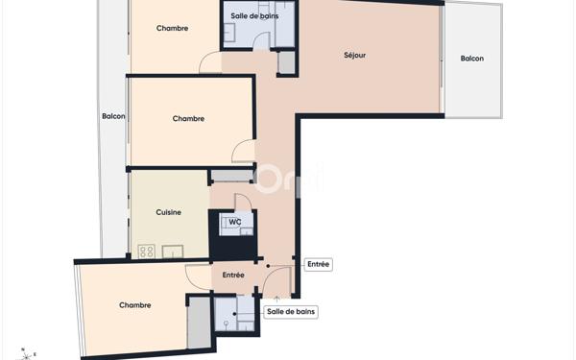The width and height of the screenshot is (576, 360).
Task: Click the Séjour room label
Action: (x=354, y=55)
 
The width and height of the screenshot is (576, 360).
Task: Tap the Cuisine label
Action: (x=168, y=212)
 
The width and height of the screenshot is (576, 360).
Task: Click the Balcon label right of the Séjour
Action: (x=471, y=59)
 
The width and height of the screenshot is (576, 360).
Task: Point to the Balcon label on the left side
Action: (x=113, y=116)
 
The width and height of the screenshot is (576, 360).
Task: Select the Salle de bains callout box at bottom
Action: (x=292, y=311)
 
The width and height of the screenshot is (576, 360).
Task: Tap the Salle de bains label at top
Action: (x=254, y=16)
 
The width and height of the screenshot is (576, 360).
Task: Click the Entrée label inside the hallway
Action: (x=232, y=275)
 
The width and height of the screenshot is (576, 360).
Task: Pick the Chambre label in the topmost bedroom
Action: (x=173, y=28)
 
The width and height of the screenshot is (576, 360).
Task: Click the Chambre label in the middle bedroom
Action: (x=188, y=119)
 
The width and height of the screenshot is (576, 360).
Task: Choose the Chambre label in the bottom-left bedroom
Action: (x=135, y=305)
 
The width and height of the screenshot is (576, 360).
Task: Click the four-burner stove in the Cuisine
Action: (x=147, y=252)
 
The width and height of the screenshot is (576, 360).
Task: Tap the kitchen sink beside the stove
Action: (x=173, y=252)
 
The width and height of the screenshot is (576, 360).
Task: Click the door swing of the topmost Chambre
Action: (x=210, y=63)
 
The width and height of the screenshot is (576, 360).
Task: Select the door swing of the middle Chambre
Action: (x=244, y=151)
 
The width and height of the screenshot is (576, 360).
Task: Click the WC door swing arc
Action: (x=243, y=203)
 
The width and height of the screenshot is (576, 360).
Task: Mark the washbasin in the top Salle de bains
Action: (x=230, y=33)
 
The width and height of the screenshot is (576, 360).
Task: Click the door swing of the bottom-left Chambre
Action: (x=199, y=277)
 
